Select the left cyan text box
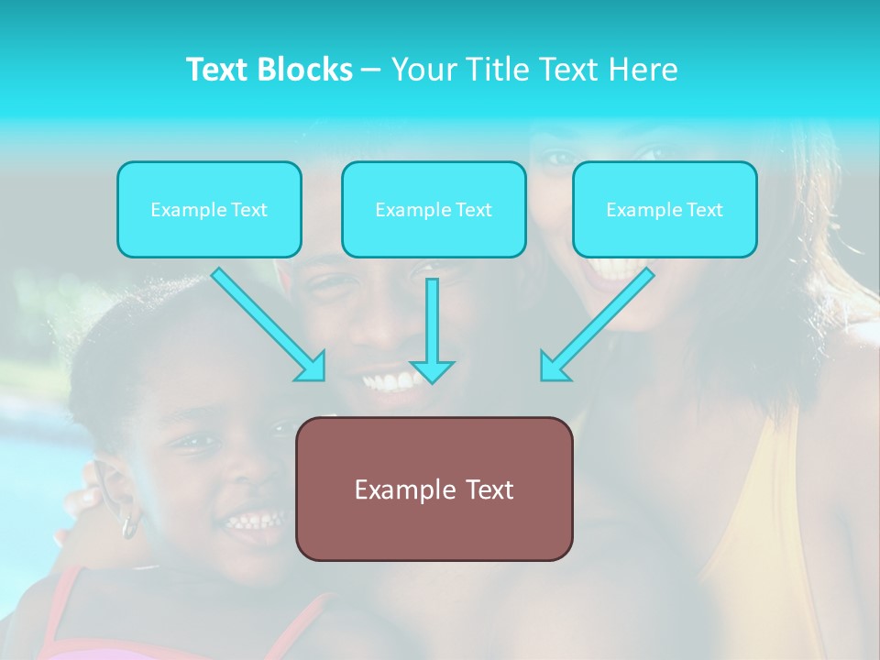point(209,209)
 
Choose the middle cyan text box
point(434,209)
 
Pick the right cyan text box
point(665,209)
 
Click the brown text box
point(434,489)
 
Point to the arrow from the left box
point(269,324)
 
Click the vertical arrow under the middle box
point(432,330)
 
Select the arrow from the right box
point(598,324)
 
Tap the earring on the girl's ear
point(129,525)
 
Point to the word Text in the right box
point(705,210)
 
